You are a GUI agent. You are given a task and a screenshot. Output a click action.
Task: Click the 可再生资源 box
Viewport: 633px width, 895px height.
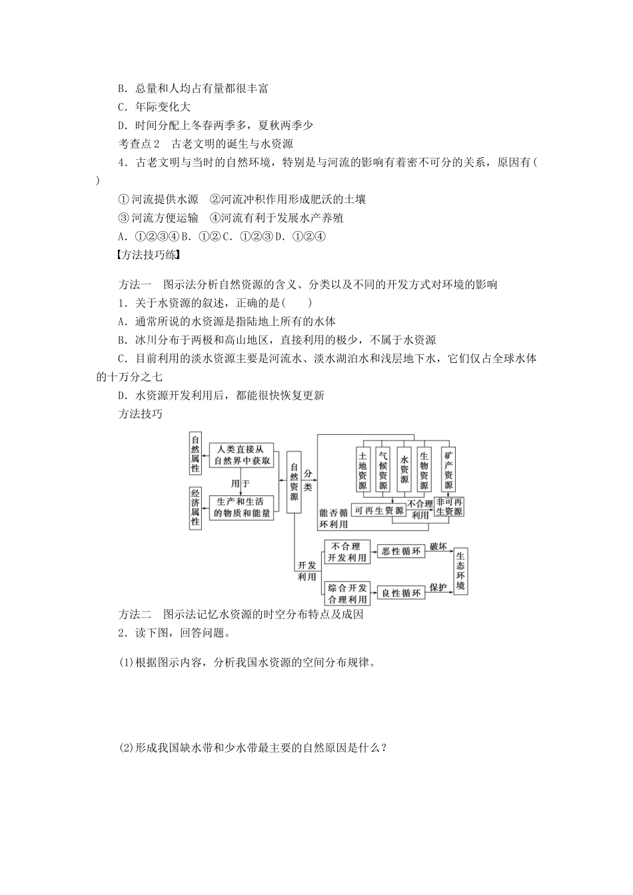[x=379, y=511]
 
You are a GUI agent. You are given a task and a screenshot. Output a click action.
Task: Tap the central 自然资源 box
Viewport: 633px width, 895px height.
[x=294, y=482]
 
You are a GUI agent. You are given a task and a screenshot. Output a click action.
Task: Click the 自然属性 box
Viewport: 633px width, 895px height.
[x=195, y=454]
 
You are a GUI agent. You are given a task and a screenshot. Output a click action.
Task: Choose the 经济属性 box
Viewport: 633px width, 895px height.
[x=195, y=507]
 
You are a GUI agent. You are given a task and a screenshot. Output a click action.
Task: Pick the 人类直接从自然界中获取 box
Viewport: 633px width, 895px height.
[x=242, y=455]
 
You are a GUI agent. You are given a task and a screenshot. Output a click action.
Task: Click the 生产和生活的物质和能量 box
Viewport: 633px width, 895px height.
[x=242, y=507]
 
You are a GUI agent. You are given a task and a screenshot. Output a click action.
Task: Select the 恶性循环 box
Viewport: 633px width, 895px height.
[x=401, y=551]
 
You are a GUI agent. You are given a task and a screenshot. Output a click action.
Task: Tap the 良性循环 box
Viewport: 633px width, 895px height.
[x=401, y=593]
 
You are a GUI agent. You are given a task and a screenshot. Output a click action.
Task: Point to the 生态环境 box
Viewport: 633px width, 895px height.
[x=461, y=571]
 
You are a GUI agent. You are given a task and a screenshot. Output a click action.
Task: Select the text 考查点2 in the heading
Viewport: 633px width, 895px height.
[x=139, y=143]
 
